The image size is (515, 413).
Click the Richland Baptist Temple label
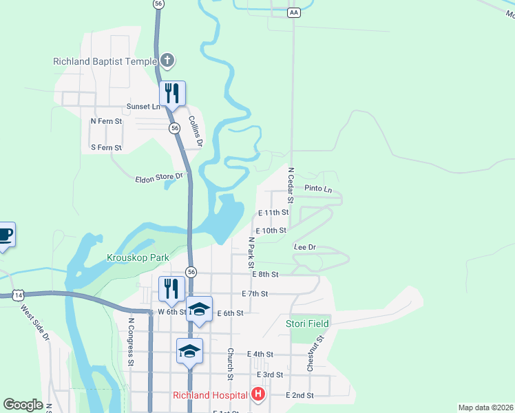(x=105, y=61)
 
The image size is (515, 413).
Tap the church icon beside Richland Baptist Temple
(x=167, y=61)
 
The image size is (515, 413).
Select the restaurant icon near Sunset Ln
(x=172, y=93)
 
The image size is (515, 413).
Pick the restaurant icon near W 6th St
(x=171, y=288)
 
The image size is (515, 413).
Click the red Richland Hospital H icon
(x=258, y=395)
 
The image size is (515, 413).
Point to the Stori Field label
(x=308, y=323)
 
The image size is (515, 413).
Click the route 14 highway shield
(x=19, y=295)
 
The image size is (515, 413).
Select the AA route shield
(x=294, y=12)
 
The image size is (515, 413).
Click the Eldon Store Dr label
(x=159, y=177)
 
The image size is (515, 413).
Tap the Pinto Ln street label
(x=317, y=189)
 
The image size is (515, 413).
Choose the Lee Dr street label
(x=304, y=247)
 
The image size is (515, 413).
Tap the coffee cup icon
(x=5, y=235)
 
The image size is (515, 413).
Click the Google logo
(x=23, y=405)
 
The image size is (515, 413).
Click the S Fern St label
(x=106, y=148)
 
